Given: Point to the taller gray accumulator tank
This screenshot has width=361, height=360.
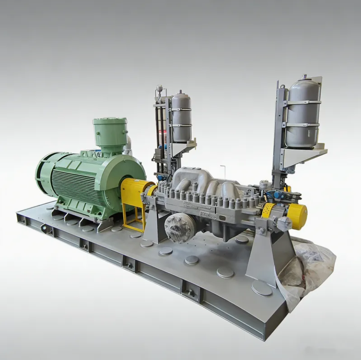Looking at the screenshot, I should click(x=303, y=113).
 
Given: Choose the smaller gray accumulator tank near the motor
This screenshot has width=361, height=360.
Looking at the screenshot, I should click(x=181, y=118).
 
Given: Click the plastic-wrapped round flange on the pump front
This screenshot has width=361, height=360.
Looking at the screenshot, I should click(x=180, y=226).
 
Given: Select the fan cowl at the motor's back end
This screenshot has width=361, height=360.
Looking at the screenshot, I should click(x=44, y=174).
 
